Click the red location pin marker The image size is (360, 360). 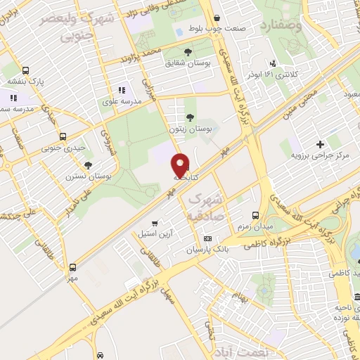[x=181, y=166]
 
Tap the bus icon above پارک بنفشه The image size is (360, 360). [x=26, y=70]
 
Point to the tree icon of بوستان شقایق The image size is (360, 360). [x=188, y=52]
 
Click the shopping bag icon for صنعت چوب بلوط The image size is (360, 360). [x=216, y=18]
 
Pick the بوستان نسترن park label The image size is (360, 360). [x=93, y=175]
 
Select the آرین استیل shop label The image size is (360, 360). [x=151, y=232]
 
